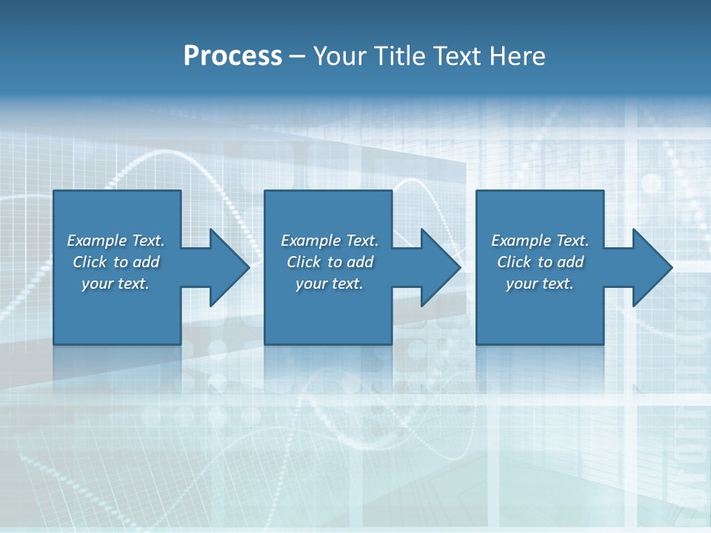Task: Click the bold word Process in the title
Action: [x=233, y=56]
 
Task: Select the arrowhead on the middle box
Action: [x=439, y=267]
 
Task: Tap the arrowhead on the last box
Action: [x=650, y=267]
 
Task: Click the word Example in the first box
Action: [x=96, y=241]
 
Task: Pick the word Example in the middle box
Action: [x=310, y=241]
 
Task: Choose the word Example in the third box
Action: [x=521, y=241]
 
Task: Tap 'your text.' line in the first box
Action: [x=116, y=284]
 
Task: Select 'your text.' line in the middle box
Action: [x=330, y=284]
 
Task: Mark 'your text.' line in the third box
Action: [x=540, y=284]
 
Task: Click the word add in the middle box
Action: [x=360, y=262]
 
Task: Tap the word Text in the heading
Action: [x=456, y=56]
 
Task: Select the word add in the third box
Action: [x=570, y=262]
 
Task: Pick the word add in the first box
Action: [x=146, y=262]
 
